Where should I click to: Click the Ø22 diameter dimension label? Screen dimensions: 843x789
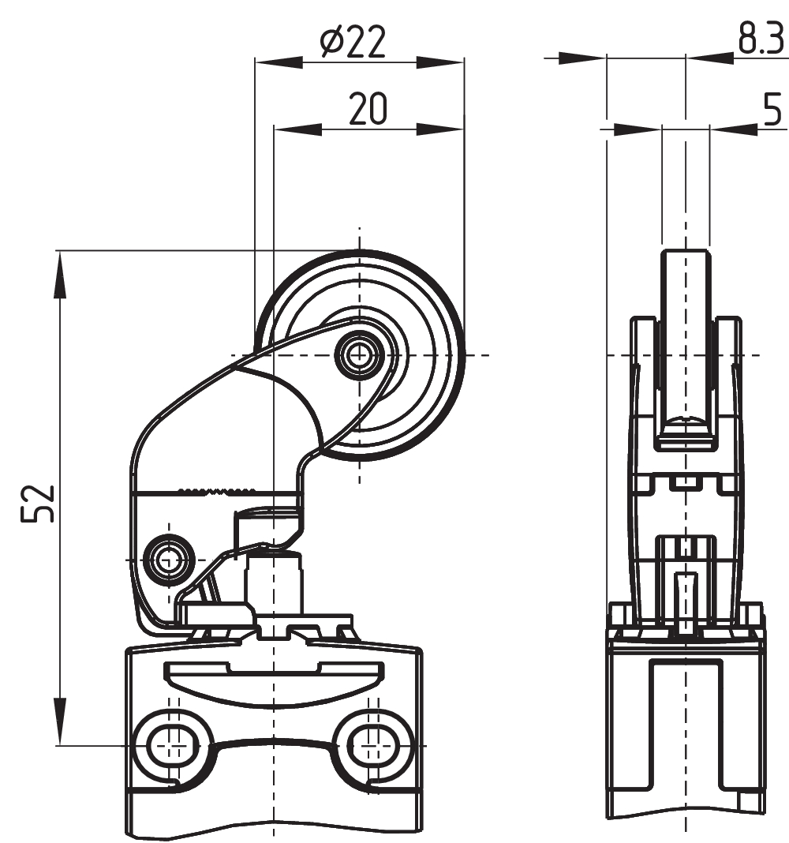coord(353,43)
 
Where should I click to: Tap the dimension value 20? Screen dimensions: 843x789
coord(368,109)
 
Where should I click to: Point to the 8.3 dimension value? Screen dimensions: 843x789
coord(761,39)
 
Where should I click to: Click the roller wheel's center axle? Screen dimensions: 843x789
coord(360,354)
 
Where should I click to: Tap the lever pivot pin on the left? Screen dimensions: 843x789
coord(168,559)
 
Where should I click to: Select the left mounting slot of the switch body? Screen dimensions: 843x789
coord(170,743)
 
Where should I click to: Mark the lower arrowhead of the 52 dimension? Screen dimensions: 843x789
coord(58,721)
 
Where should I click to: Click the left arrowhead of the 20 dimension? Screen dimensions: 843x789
coord(297,127)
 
